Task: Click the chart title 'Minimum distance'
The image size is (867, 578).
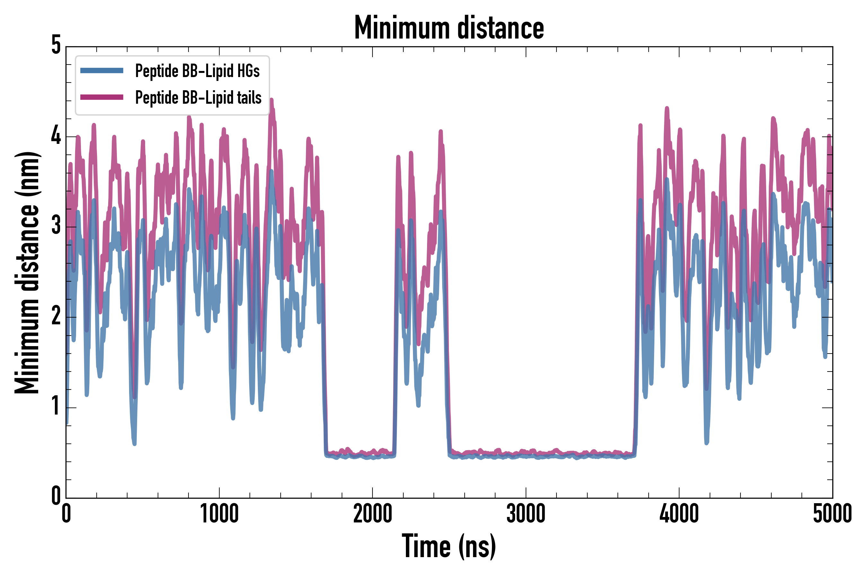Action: click(449, 28)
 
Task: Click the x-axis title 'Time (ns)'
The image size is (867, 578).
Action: click(449, 546)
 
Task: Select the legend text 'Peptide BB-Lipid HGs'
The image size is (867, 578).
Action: click(197, 71)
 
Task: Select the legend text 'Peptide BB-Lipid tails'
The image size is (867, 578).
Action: click(198, 98)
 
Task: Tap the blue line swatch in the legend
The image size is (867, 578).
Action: click(102, 70)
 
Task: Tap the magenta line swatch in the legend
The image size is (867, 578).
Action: click(102, 97)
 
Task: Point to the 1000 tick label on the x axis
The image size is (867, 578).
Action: click(219, 514)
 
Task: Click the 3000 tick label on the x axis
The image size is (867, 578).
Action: click(526, 514)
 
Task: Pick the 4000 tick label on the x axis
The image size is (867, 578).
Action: click(679, 514)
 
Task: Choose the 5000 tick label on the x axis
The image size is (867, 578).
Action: click(832, 514)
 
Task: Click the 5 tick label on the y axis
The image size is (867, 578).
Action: click(56, 45)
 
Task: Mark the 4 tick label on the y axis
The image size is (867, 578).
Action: click(56, 136)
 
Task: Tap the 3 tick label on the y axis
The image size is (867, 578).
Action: click(56, 226)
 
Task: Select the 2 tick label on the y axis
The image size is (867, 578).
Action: click(56, 316)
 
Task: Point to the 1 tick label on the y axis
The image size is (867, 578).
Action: click(56, 406)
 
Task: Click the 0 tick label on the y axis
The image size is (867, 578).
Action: click(56, 496)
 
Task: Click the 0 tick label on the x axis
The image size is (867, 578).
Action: click(66, 514)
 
